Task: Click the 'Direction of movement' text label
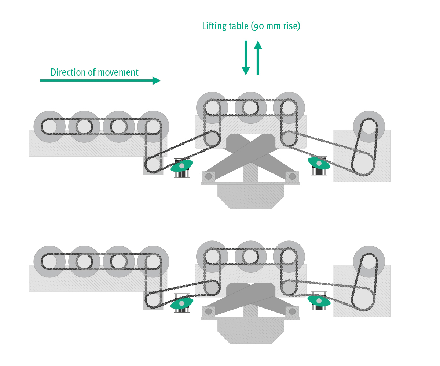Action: pos(95,72)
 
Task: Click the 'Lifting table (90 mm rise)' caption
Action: pos(251,26)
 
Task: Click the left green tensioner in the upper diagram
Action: pos(182,165)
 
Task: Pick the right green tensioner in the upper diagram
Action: pos(319,163)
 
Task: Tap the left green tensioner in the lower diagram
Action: pos(181,303)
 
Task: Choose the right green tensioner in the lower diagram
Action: pos(319,300)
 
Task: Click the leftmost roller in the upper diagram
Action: pos(49,127)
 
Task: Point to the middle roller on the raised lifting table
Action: pos(250,108)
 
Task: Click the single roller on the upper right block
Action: pos(369,127)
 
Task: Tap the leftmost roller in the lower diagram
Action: pos(49,262)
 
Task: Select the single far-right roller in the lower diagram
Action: pos(369,262)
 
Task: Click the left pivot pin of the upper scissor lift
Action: pos(208,176)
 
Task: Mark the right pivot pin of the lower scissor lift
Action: pos(292,311)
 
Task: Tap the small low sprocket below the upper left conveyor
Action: pos(153,165)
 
